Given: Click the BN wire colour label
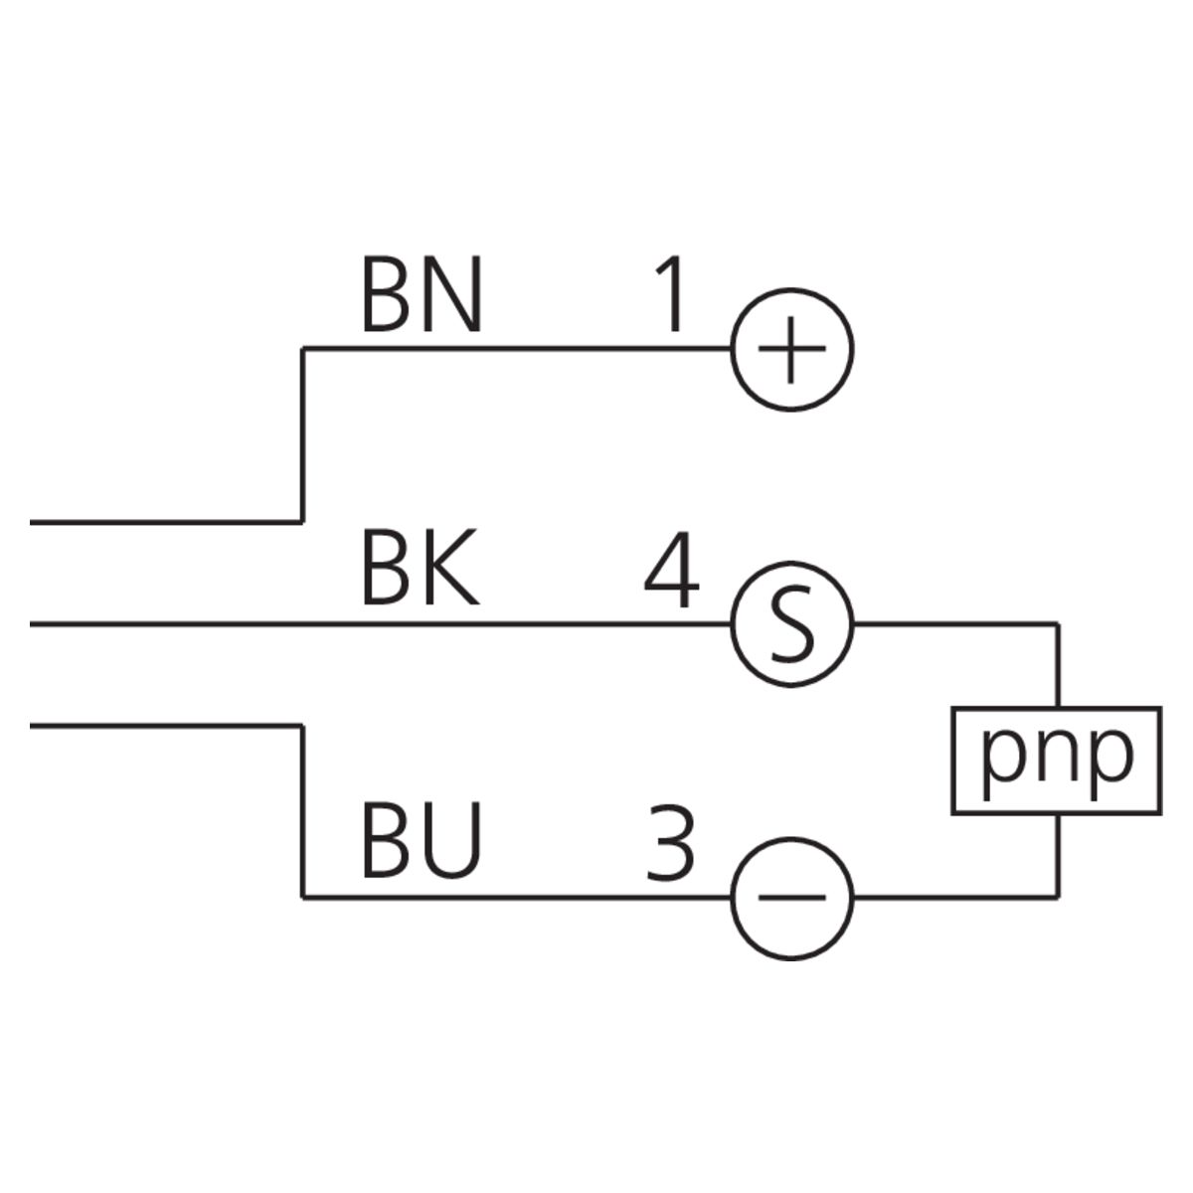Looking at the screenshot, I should click(422, 295).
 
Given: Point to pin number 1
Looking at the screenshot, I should click(672, 295).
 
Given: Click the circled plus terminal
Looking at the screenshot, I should click(792, 350).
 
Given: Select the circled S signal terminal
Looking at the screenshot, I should click(792, 624).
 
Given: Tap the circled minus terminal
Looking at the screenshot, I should click(792, 898).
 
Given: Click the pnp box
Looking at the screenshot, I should click(1056, 761).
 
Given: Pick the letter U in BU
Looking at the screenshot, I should click(452, 843).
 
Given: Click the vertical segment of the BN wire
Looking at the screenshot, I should click(302, 434).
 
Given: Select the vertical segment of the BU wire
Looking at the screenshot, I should click(302, 811).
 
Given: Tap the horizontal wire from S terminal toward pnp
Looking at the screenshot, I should click(954, 624).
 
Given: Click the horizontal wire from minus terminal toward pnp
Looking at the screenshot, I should click(954, 898).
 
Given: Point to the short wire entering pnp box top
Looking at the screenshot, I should click(1060, 666).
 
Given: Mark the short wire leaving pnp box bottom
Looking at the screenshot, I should click(1060, 855).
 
